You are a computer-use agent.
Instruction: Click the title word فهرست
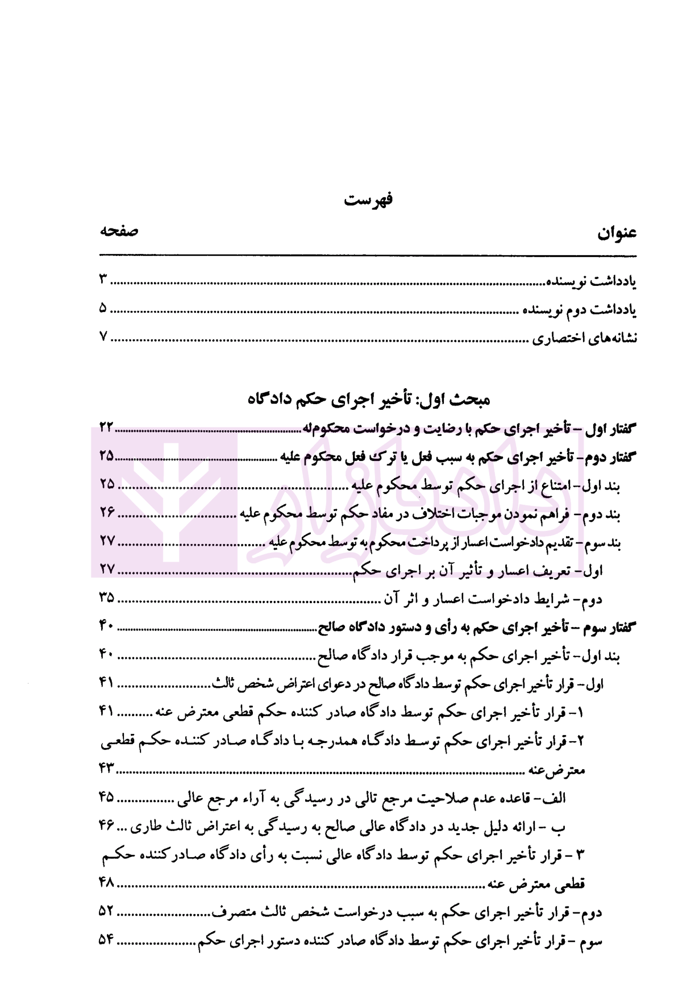point(369,200)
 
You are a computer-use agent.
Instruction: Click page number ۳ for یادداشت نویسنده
point(103,280)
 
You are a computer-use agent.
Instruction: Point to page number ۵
point(103,309)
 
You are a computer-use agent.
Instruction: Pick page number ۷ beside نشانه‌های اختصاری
point(103,337)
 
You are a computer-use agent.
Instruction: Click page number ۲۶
point(107,513)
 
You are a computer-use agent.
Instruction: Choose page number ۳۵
point(106,598)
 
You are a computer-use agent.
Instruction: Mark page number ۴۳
point(107,769)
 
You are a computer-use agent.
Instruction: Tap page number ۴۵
point(107,798)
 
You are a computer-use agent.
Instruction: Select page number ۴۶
point(107,826)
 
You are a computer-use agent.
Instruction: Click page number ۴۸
point(107,883)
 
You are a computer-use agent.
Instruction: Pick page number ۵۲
point(107,912)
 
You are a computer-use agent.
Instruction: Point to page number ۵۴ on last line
point(107,941)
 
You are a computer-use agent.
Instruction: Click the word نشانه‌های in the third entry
point(614,338)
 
